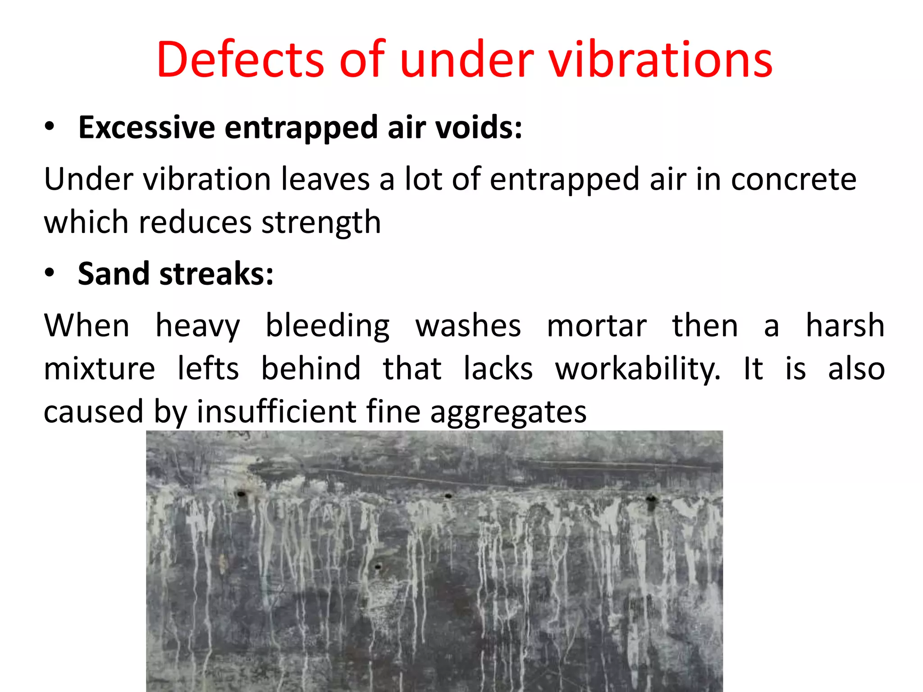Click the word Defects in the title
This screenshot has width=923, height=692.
click(240, 60)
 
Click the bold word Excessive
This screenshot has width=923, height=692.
click(146, 127)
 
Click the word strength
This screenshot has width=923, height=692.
click(321, 223)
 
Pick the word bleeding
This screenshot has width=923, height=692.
click(328, 326)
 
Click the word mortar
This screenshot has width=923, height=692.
click(597, 326)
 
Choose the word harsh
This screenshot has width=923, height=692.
click(845, 326)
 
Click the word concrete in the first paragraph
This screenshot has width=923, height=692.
click(793, 179)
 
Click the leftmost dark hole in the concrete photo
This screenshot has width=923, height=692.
click(241, 494)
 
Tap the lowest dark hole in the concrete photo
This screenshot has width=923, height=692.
click(378, 566)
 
